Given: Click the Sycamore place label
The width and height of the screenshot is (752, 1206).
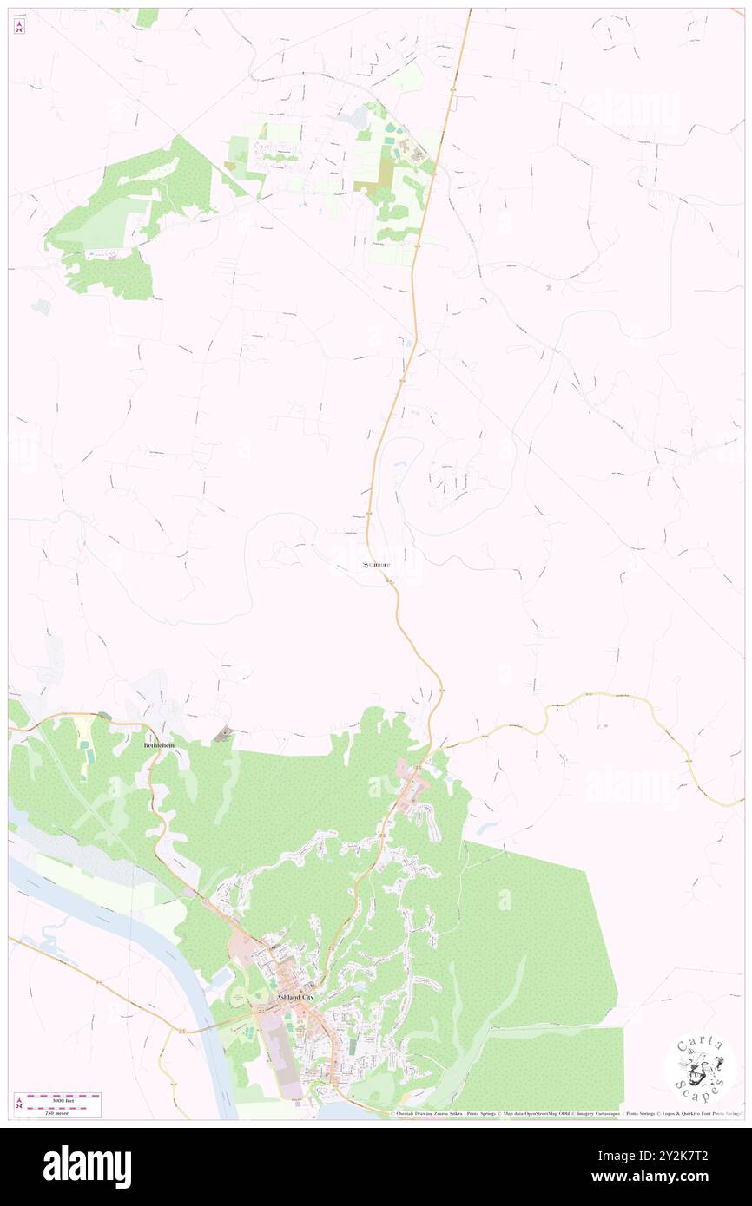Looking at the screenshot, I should [376, 565].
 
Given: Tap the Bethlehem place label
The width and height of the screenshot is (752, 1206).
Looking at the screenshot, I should [165, 745].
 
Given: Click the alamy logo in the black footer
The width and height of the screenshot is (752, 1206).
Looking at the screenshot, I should [87, 1166].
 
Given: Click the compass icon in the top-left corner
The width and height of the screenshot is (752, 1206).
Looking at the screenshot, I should [19, 28].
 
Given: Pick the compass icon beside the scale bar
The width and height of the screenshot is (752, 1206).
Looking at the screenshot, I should [19, 1104].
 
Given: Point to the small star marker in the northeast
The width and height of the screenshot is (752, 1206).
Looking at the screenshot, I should [548, 287].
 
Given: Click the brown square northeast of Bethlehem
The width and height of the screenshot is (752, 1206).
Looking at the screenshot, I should [225, 734].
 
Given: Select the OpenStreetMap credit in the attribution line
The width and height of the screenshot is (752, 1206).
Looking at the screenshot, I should [557, 1114].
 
